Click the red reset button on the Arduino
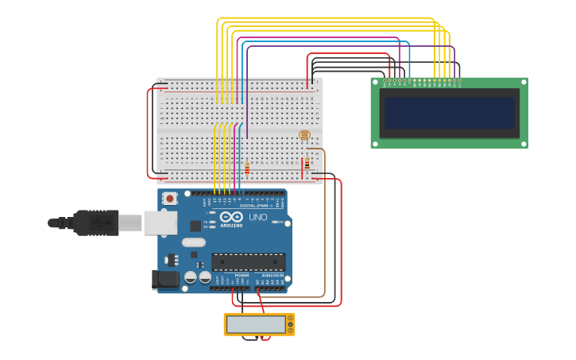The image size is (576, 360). pos(169,199)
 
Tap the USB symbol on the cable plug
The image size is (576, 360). pos(99,223)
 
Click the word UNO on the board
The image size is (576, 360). pos(258,217)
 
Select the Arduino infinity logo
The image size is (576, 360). pos(232,217)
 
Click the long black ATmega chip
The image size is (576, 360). pos(249,261)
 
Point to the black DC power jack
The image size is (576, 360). pos(165,279)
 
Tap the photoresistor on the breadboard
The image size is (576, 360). pos(304,136)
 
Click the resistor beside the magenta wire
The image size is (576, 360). pos(247,168)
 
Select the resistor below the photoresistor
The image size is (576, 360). pos(307,163)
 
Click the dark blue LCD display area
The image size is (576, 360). pos(450,113)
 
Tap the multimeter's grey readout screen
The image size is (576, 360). pos(256,324)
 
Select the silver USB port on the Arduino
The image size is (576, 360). pos(160,223)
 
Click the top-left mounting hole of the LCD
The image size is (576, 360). pos(375,81)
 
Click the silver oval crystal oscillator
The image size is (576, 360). pos(193,242)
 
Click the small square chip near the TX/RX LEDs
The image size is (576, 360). pos(195,226)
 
